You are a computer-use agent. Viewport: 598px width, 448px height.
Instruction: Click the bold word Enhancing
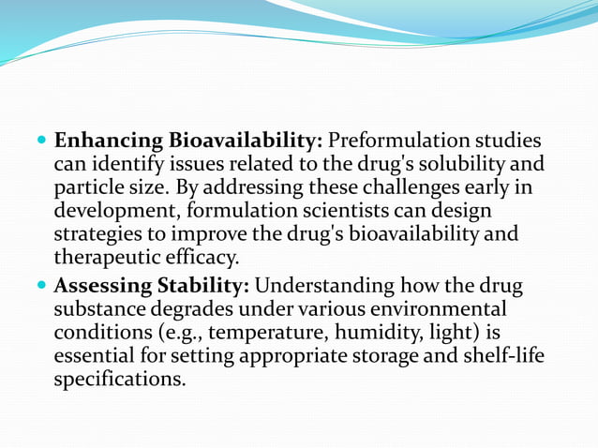tap(108, 142)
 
